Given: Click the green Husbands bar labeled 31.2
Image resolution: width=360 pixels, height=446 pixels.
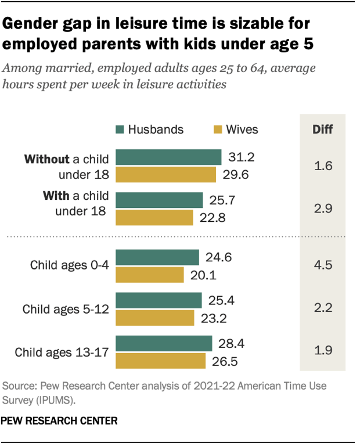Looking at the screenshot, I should pos(168,157).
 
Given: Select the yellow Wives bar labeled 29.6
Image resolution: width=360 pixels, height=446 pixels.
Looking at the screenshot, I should pos(166,174).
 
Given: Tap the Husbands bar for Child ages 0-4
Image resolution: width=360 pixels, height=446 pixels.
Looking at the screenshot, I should pos(157,257).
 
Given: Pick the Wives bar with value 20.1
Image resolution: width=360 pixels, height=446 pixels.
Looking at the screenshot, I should pos(150,274).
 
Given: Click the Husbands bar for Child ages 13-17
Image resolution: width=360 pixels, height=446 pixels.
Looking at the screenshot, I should pos(164,343).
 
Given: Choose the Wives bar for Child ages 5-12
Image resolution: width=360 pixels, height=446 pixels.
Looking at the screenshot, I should pos(155,317).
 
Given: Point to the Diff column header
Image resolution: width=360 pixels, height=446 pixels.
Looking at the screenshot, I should pos(323,129).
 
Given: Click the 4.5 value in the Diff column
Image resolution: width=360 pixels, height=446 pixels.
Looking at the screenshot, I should pos(323,266).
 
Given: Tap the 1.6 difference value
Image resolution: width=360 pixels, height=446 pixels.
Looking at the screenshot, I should pos(323,166).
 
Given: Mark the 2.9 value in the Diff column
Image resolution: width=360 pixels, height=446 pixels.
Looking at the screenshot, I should pos(323,209).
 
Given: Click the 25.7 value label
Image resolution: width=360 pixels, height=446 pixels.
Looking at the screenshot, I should pos(221,200).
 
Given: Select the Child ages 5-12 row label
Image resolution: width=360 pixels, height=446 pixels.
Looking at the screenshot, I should pos(65,309).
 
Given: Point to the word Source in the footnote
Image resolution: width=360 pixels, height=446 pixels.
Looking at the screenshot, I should pos(19,385).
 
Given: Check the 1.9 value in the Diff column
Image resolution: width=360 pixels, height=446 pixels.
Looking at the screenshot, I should pos(323,352).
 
